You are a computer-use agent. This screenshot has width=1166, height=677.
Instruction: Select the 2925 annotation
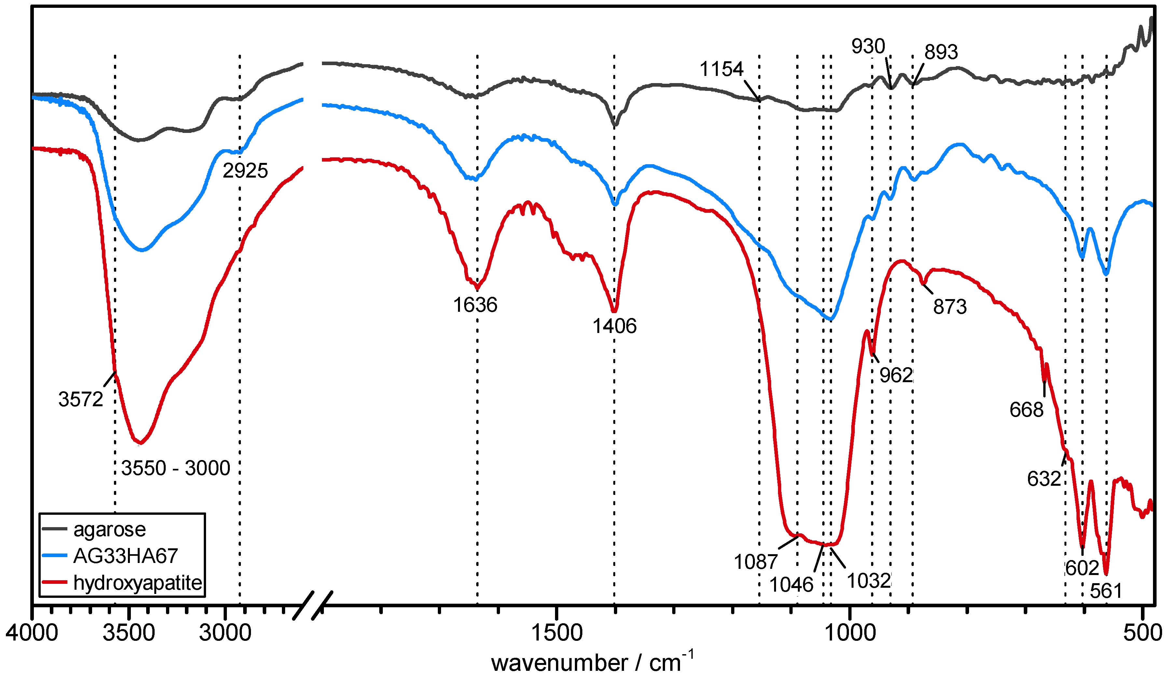[245, 171]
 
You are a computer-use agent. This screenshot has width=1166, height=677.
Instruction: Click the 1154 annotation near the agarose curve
[721, 69]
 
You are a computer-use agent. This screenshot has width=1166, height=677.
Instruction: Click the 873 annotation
[950, 307]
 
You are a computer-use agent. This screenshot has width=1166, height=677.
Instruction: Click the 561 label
[1106, 591]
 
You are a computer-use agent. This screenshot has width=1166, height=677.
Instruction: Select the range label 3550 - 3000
[176, 468]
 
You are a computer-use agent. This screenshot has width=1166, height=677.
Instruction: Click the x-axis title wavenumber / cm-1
[592, 663]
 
